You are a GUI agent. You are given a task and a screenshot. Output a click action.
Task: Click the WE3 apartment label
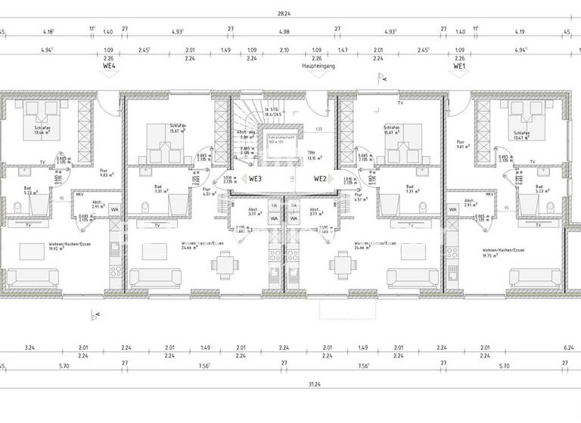[x=254, y=179]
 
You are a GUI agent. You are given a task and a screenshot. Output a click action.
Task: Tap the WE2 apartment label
[x=321, y=179]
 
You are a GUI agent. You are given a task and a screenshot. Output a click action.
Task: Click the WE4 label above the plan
[x=109, y=66]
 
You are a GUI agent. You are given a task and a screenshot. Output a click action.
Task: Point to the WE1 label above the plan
[x=459, y=66]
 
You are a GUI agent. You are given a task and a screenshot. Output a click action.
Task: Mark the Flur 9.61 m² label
[x=460, y=144]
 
